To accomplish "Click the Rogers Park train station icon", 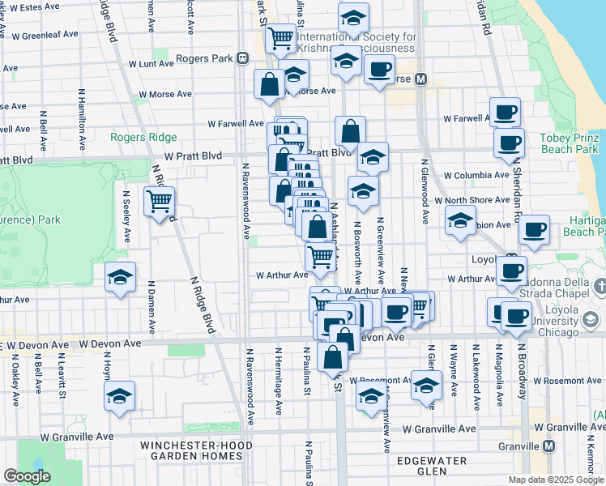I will pos(242,58).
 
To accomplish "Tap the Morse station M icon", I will pos(420,79).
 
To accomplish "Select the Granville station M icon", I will pos(549,446).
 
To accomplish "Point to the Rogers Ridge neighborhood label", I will pos(139,138).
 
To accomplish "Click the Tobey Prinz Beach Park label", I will pos(569,143).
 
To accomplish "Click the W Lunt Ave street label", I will pos(151,63).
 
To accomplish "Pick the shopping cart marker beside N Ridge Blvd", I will pos(160,200).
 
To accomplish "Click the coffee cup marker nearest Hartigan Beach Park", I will pos(534,230).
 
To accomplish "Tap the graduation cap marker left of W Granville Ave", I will pos(120,396).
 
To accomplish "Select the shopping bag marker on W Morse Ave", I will pos(268,83).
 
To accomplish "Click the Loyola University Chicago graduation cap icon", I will pos(591,321).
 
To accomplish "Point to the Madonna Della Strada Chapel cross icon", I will pos(600,286).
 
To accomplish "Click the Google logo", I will pos(27,476).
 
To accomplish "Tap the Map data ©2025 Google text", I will pos(556,480).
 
